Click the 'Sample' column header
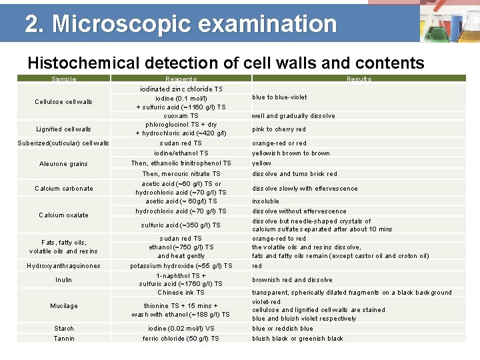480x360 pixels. click(64, 79)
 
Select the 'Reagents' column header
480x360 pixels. click(181, 79)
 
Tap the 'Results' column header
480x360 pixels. click(359, 79)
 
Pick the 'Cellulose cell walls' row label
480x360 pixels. click(64, 102)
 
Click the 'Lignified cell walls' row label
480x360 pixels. click(64, 129)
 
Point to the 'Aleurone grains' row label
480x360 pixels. click(64, 164)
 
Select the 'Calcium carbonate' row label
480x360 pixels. click(64, 189)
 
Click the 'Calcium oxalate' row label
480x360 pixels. click(64, 215)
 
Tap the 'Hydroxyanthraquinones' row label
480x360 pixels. click(64, 266)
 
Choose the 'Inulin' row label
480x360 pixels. click(64, 280)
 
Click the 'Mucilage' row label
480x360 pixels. click(64, 306)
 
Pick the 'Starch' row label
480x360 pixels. click(64, 329)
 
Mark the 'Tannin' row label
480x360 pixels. click(64, 339)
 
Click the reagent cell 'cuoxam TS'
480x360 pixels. click(181, 116)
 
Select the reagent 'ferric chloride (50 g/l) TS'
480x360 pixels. click(181, 339)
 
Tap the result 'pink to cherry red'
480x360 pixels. click(279, 129)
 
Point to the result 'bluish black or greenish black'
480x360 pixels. click(297, 339)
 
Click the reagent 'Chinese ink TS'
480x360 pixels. click(181, 293)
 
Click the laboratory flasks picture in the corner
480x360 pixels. click(448, 21)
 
